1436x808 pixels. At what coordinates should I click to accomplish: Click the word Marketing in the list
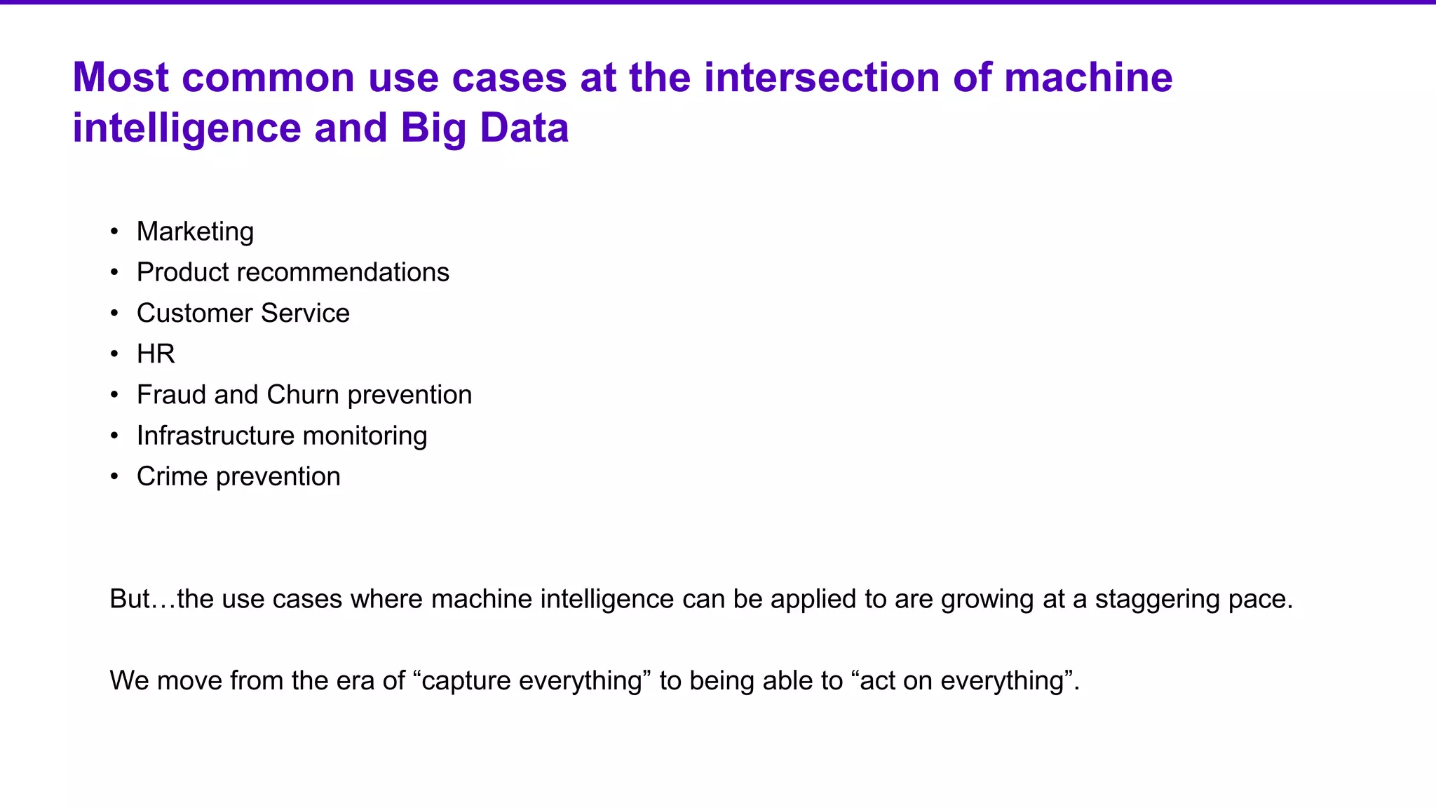(195, 231)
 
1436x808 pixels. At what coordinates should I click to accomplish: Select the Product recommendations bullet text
(292, 272)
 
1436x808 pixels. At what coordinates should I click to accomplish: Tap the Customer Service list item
(243, 313)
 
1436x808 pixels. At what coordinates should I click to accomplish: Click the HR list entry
(156, 353)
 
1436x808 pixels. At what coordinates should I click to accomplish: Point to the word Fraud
(172, 395)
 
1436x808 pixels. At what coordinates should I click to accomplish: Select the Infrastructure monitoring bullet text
(281, 436)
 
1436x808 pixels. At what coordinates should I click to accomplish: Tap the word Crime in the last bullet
(172, 476)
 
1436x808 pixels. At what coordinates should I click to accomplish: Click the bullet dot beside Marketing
(114, 232)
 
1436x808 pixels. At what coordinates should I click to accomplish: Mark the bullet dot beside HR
(114, 354)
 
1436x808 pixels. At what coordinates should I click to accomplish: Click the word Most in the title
(121, 77)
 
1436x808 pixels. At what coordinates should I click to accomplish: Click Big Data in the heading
(485, 128)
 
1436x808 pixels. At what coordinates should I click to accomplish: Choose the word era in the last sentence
(358, 681)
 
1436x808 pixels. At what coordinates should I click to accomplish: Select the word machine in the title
(1088, 77)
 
